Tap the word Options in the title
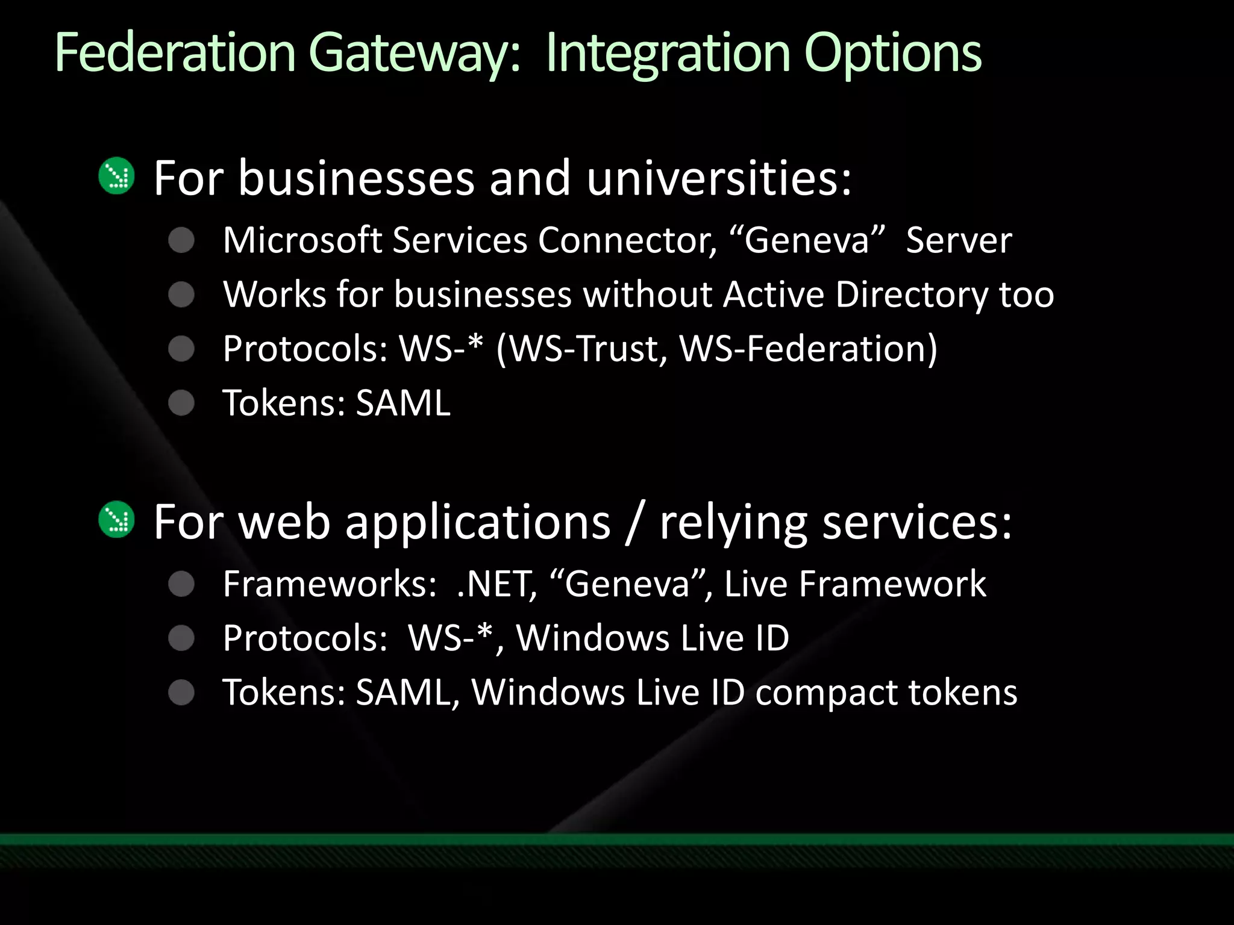click(892, 54)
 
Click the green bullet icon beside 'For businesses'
click(116, 176)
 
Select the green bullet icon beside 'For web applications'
click(116, 519)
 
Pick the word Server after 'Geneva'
click(959, 240)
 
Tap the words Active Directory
click(856, 294)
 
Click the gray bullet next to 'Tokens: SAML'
click(181, 403)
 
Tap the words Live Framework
click(855, 584)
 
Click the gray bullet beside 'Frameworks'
click(181, 584)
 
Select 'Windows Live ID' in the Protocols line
click(653, 638)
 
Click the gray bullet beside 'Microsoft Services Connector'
click(181, 240)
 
